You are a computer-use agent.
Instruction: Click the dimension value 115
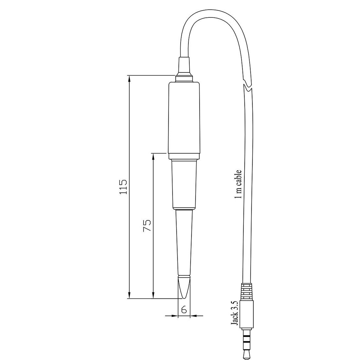(124, 187)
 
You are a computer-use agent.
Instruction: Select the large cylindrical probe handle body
(184, 121)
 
